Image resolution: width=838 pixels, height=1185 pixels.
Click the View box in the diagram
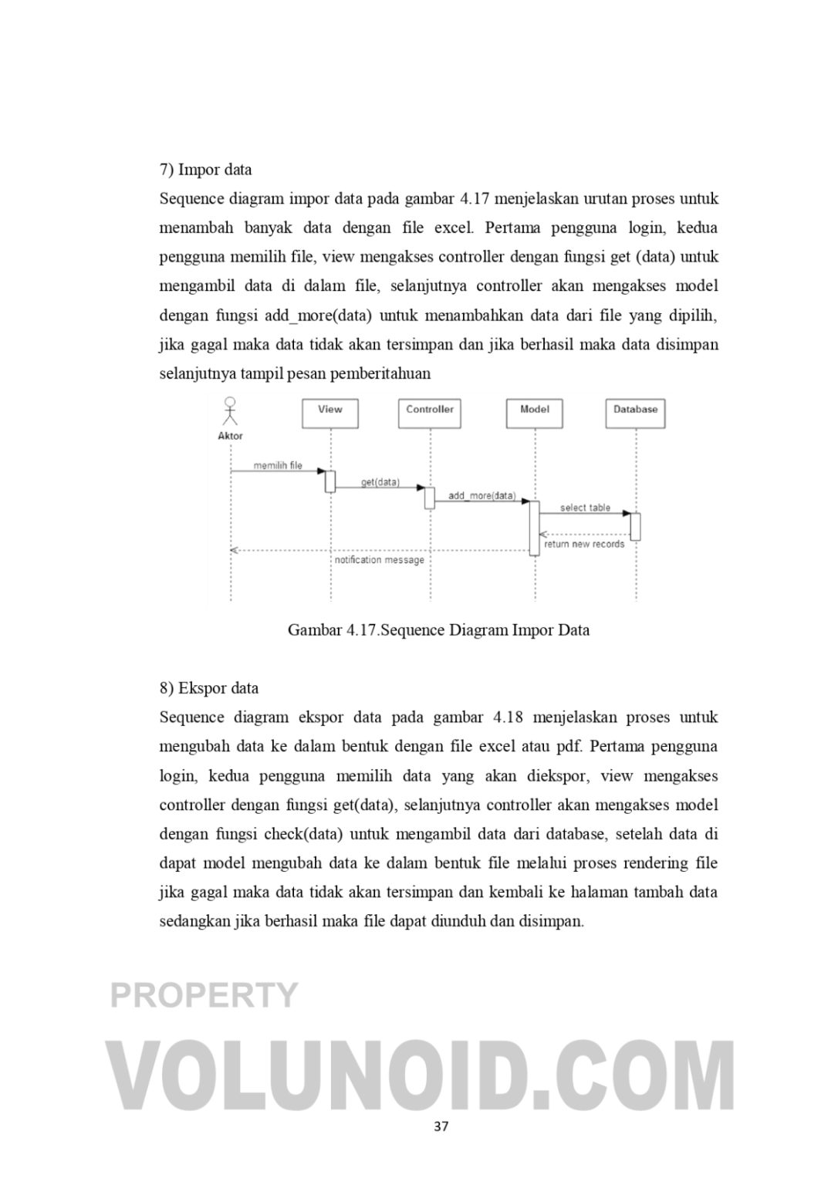[330, 413]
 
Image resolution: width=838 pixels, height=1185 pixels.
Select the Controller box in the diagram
[430, 413]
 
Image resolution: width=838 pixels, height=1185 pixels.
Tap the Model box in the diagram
[535, 413]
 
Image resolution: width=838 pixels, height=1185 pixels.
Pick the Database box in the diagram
[635, 413]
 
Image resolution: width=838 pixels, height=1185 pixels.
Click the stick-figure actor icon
[230, 411]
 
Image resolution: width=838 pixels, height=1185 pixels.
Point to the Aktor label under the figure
[230, 436]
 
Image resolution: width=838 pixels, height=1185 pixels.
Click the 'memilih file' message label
[278, 466]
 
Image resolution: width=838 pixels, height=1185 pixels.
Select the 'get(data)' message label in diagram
[380, 482]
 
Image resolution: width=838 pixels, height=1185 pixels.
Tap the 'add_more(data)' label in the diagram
[482, 495]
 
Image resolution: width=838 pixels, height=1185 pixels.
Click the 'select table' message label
[585, 508]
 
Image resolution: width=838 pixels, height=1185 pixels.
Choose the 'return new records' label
[584, 544]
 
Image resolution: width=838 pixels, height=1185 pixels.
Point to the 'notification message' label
[380, 559]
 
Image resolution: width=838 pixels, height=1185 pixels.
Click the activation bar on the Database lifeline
[636, 526]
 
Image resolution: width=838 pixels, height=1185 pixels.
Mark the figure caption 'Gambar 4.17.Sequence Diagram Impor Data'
[438, 630]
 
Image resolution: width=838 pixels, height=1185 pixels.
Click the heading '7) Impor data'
[205, 170]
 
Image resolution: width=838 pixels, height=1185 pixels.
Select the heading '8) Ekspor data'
[209, 688]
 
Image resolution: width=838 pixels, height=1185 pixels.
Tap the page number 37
[441, 1126]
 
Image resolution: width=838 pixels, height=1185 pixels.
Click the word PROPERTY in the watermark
[204, 995]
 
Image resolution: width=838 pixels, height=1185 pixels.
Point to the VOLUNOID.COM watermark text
[423, 1075]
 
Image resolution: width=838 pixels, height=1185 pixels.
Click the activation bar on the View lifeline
[330, 481]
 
